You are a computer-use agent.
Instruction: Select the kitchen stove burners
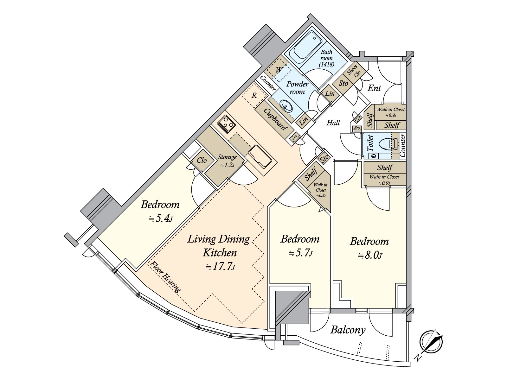226,124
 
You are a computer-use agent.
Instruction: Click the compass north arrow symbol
431,342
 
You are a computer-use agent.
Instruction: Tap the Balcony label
348,330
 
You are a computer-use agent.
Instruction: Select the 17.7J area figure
220,267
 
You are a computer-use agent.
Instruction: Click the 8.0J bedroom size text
370,256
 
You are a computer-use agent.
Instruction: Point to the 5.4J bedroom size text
161,218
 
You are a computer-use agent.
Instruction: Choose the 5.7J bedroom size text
300,253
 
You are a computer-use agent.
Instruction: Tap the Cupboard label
275,119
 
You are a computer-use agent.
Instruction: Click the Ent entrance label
375,88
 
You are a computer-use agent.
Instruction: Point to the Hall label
333,123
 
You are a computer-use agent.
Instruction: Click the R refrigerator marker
254,96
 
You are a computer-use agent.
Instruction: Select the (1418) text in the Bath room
326,64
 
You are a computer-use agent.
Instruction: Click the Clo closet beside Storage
202,160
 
